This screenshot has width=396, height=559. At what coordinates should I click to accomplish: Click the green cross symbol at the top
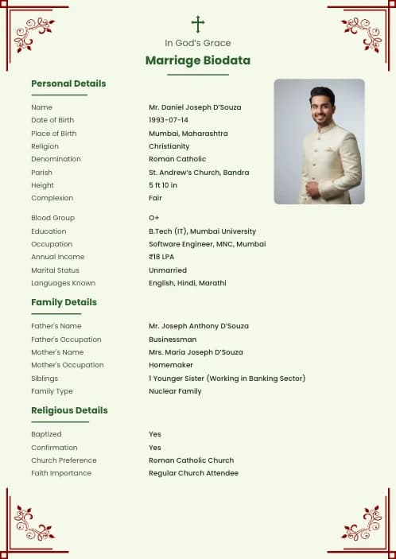pyautogui.click(x=198, y=25)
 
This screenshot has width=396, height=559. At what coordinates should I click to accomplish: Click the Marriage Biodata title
pyautogui.click(x=198, y=60)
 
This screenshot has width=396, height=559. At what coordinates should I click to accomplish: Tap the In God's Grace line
pyautogui.click(x=198, y=43)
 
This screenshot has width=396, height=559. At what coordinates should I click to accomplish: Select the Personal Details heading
pyautogui.click(x=68, y=83)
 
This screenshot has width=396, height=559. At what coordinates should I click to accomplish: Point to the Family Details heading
pyautogui.click(x=64, y=302)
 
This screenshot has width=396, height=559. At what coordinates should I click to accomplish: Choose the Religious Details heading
pyautogui.click(x=69, y=410)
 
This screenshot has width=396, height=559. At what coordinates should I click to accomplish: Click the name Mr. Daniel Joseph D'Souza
pyautogui.click(x=195, y=107)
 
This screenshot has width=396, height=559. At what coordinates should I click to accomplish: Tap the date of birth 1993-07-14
pyautogui.click(x=169, y=120)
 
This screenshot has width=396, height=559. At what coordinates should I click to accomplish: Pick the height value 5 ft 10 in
pyautogui.click(x=163, y=185)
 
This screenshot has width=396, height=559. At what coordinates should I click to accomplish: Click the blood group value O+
pyautogui.click(x=154, y=218)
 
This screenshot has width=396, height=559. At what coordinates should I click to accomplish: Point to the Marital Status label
pyautogui.click(x=56, y=270)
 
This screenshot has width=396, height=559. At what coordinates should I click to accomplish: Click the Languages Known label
pyautogui.click(x=63, y=283)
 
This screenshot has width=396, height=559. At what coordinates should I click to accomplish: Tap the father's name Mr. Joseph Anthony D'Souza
pyautogui.click(x=199, y=326)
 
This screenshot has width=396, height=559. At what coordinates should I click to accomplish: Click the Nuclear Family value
pyautogui.click(x=175, y=391)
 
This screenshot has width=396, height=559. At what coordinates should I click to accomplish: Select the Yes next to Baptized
pyautogui.click(x=155, y=434)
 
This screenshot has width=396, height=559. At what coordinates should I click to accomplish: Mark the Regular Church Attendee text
pyautogui.click(x=193, y=473)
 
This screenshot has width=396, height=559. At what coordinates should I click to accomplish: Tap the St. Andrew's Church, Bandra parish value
pyautogui.click(x=199, y=173)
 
